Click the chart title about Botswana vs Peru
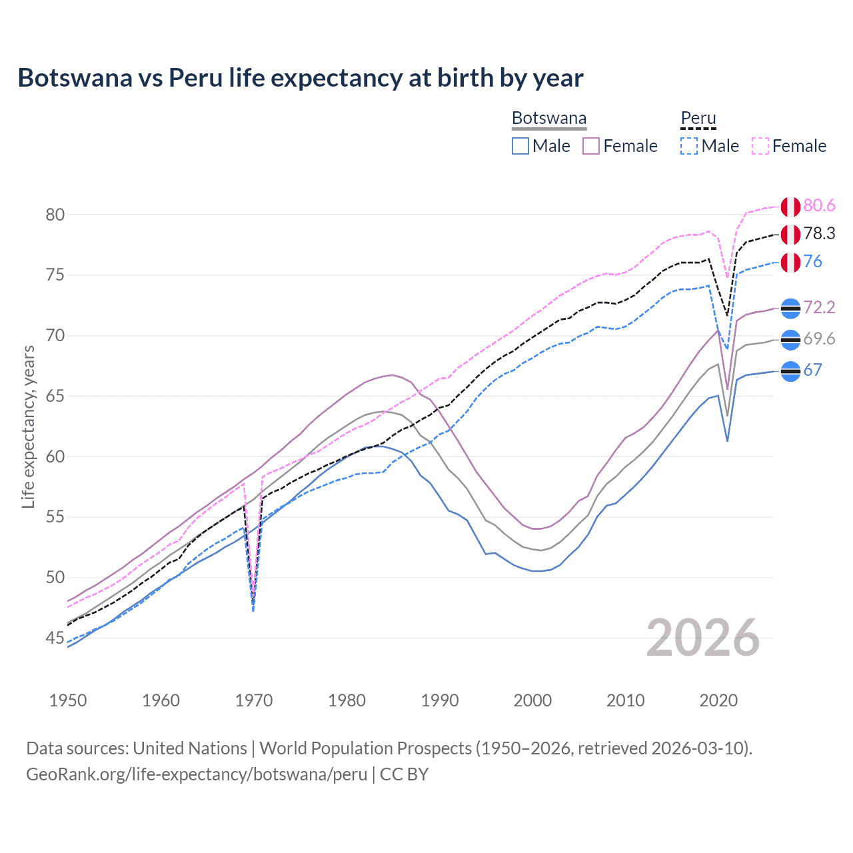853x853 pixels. pyautogui.click(x=301, y=78)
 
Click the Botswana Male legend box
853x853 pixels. pyautogui.click(x=520, y=146)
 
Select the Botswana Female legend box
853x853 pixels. pyautogui.click(x=591, y=146)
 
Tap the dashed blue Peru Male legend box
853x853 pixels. pyautogui.click(x=689, y=146)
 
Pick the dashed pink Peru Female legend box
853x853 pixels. pyautogui.click(x=760, y=146)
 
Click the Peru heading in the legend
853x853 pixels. pyautogui.click(x=698, y=119)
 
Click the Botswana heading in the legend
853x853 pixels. pyautogui.click(x=549, y=119)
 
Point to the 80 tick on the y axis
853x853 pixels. pyautogui.click(x=55, y=215)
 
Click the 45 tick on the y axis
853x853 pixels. pyautogui.click(x=55, y=638)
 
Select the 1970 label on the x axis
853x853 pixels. pyautogui.click(x=254, y=700)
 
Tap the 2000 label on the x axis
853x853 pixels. pyautogui.click(x=532, y=700)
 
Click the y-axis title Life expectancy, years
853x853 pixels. pyautogui.click(x=28, y=426)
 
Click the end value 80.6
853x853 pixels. pyautogui.click(x=819, y=206)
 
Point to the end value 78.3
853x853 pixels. pyautogui.click(x=819, y=234)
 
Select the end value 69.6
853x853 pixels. pyautogui.click(x=819, y=339)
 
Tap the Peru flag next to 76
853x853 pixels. pyautogui.click(x=790, y=263)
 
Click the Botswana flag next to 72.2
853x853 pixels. pyautogui.click(x=790, y=308)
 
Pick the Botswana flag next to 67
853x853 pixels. pyautogui.click(x=790, y=371)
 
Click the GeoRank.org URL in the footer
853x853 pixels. pyautogui.click(x=197, y=774)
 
